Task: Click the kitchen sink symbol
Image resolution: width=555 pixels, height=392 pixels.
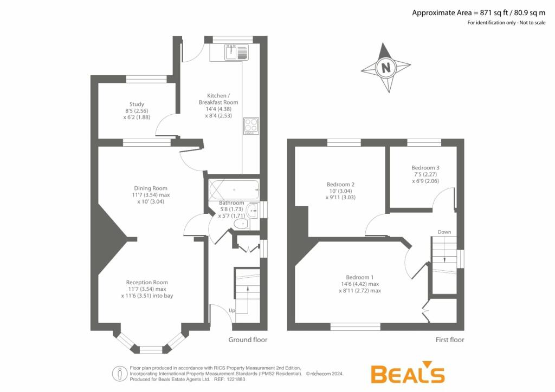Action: click(236, 53)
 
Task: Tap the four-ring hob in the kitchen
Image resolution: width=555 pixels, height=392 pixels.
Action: click(251, 126)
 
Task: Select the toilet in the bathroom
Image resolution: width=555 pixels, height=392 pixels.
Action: click(242, 224)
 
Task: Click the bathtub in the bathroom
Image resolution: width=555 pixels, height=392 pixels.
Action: click(234, 190)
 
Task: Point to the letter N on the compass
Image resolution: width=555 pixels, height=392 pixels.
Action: click(386, 67)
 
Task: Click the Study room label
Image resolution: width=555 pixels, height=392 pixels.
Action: click(137, 104)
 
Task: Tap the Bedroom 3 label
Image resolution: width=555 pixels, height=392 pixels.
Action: click(425, 167)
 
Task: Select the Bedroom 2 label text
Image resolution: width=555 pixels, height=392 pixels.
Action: click(340, 184)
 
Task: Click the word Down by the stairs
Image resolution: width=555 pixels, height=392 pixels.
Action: click(444, 232)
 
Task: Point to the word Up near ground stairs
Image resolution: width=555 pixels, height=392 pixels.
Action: click(232, 310)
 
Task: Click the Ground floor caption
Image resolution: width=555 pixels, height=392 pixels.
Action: click(248, 339)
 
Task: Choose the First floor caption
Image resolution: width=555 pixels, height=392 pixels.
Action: click(449, 339)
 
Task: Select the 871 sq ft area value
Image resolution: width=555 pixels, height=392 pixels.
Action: click(494, 13)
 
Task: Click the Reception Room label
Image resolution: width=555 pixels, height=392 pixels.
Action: click(147, 283)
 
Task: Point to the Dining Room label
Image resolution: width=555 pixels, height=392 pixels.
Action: click(151, 188)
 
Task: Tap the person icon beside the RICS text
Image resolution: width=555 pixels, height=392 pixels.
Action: click(120, 374)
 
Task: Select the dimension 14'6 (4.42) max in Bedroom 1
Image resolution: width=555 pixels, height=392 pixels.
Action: click(360, 284)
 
